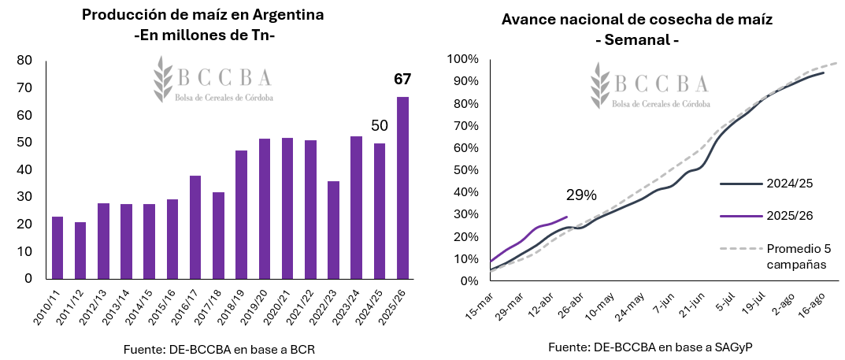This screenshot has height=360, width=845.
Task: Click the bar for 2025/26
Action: [x=402, y=187]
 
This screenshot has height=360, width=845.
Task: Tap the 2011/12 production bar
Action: [x=80, y=250]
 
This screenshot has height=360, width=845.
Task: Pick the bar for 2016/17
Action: [x=195, y=227]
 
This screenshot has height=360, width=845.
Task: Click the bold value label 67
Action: [x=402, y=79]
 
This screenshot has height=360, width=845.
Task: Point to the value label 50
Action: [x=379, y=126]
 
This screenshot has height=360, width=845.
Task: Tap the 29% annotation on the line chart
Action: [x=581, y=195]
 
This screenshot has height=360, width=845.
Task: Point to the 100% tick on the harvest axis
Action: [x=463, y=59]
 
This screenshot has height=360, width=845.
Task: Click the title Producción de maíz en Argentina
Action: [x=203, y=15]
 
